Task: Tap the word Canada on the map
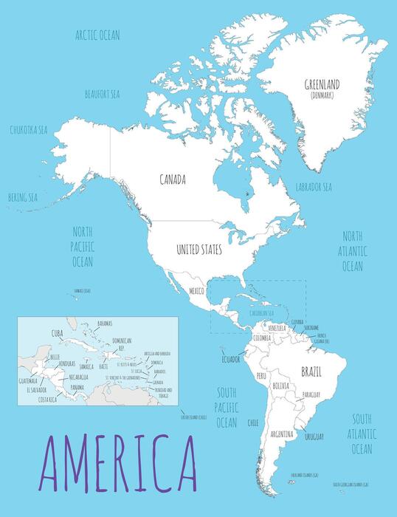[172, 179]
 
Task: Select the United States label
[198, 250]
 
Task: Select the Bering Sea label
[22, 197]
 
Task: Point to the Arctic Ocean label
[98, 35]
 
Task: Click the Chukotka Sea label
[29, 129]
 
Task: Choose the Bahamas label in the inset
[104, 323]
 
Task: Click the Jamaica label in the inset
[86, 366]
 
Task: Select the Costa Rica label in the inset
[48, 400]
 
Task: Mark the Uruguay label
[314, 437]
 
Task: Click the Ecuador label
[231, 359]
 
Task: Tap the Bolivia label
[280, 386]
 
